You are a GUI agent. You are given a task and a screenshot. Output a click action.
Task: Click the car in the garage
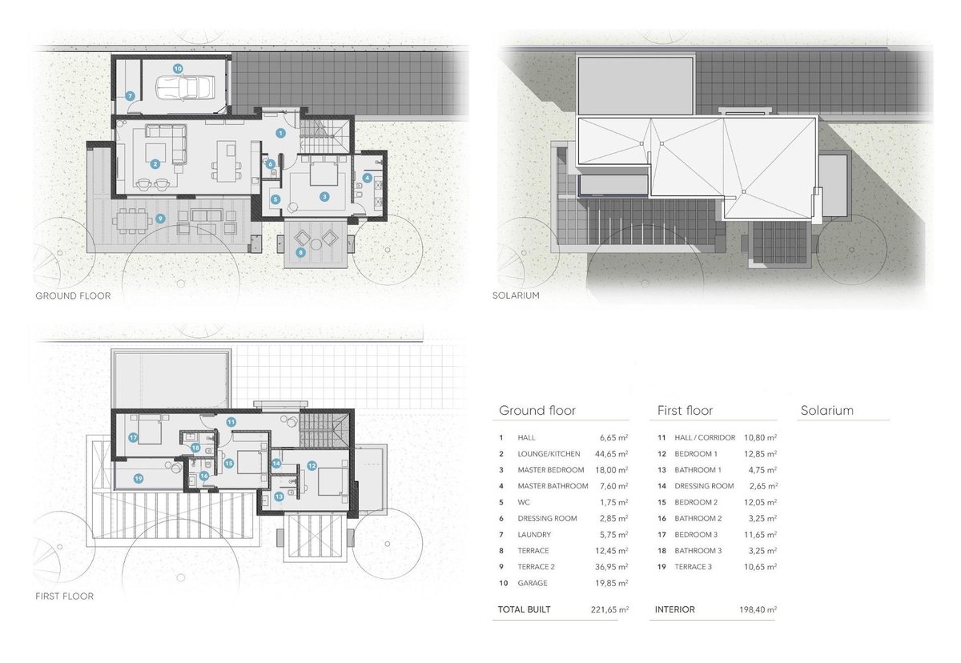tap(185, 88)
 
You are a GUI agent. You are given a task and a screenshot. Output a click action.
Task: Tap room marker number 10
tap(178, 69)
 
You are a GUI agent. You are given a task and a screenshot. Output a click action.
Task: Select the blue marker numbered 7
tap(130, 96)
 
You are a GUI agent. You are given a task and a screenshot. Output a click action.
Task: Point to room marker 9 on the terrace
tap(160, 219)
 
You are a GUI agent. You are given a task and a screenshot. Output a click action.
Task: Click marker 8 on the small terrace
tap(301, 252)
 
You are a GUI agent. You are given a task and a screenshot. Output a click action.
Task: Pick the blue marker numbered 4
tap(367, 178)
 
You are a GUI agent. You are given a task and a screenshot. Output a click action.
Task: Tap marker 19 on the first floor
tap(138, 479)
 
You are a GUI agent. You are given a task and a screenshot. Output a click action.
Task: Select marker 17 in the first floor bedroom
tap(133, 437)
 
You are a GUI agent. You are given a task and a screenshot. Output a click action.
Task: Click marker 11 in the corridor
tap(231, 422)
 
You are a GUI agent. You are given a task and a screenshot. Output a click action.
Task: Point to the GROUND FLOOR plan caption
tap(73, 296)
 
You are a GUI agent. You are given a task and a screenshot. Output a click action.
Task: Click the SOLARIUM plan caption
tap(516, 295)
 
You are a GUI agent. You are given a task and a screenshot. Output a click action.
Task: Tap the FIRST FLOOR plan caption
tap(64, 596)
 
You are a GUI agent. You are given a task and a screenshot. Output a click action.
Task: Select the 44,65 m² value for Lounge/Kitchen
tap(611, 454)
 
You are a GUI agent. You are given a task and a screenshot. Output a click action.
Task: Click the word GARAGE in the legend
tap(533, 583)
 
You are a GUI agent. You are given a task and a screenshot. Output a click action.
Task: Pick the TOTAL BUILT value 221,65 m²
tap(609, 609)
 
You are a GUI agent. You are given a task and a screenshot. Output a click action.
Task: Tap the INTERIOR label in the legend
tap(675, 609)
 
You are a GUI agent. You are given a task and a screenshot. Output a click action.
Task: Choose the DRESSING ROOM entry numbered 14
tap(704, 486)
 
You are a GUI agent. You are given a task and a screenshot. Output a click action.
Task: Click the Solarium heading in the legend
tap(826, 411)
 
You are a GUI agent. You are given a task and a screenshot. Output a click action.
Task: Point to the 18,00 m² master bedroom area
tap(611, 470)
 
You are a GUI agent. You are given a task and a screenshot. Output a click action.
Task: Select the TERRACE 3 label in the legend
tap(693, 566)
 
